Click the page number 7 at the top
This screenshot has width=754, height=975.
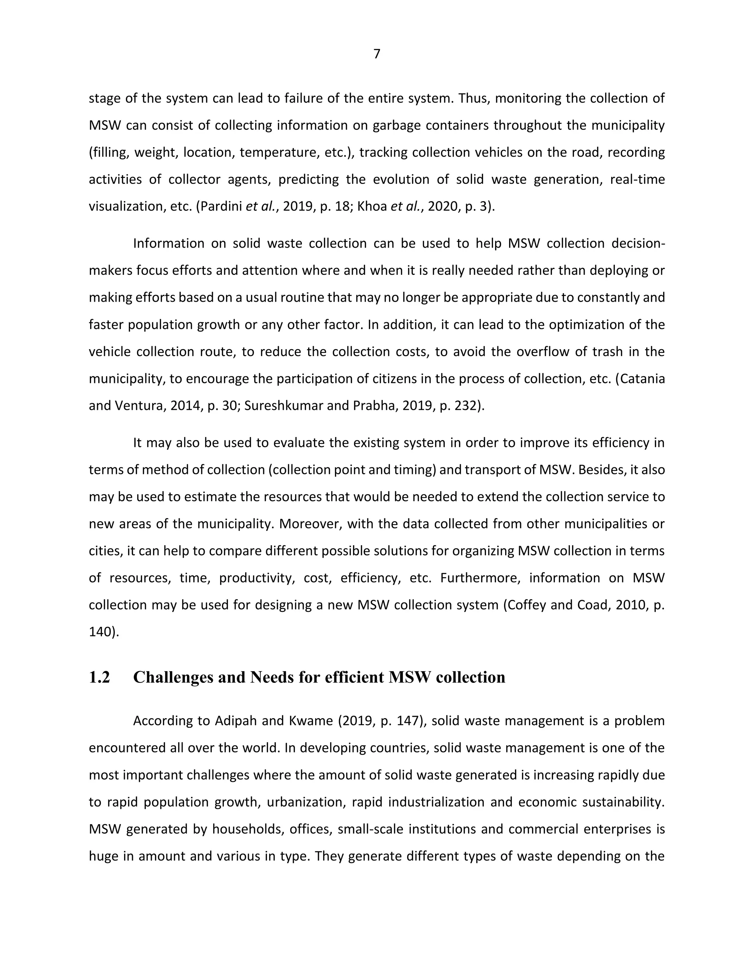tap(377, 54)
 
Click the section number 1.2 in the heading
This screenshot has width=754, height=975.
tap(99, 677)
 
